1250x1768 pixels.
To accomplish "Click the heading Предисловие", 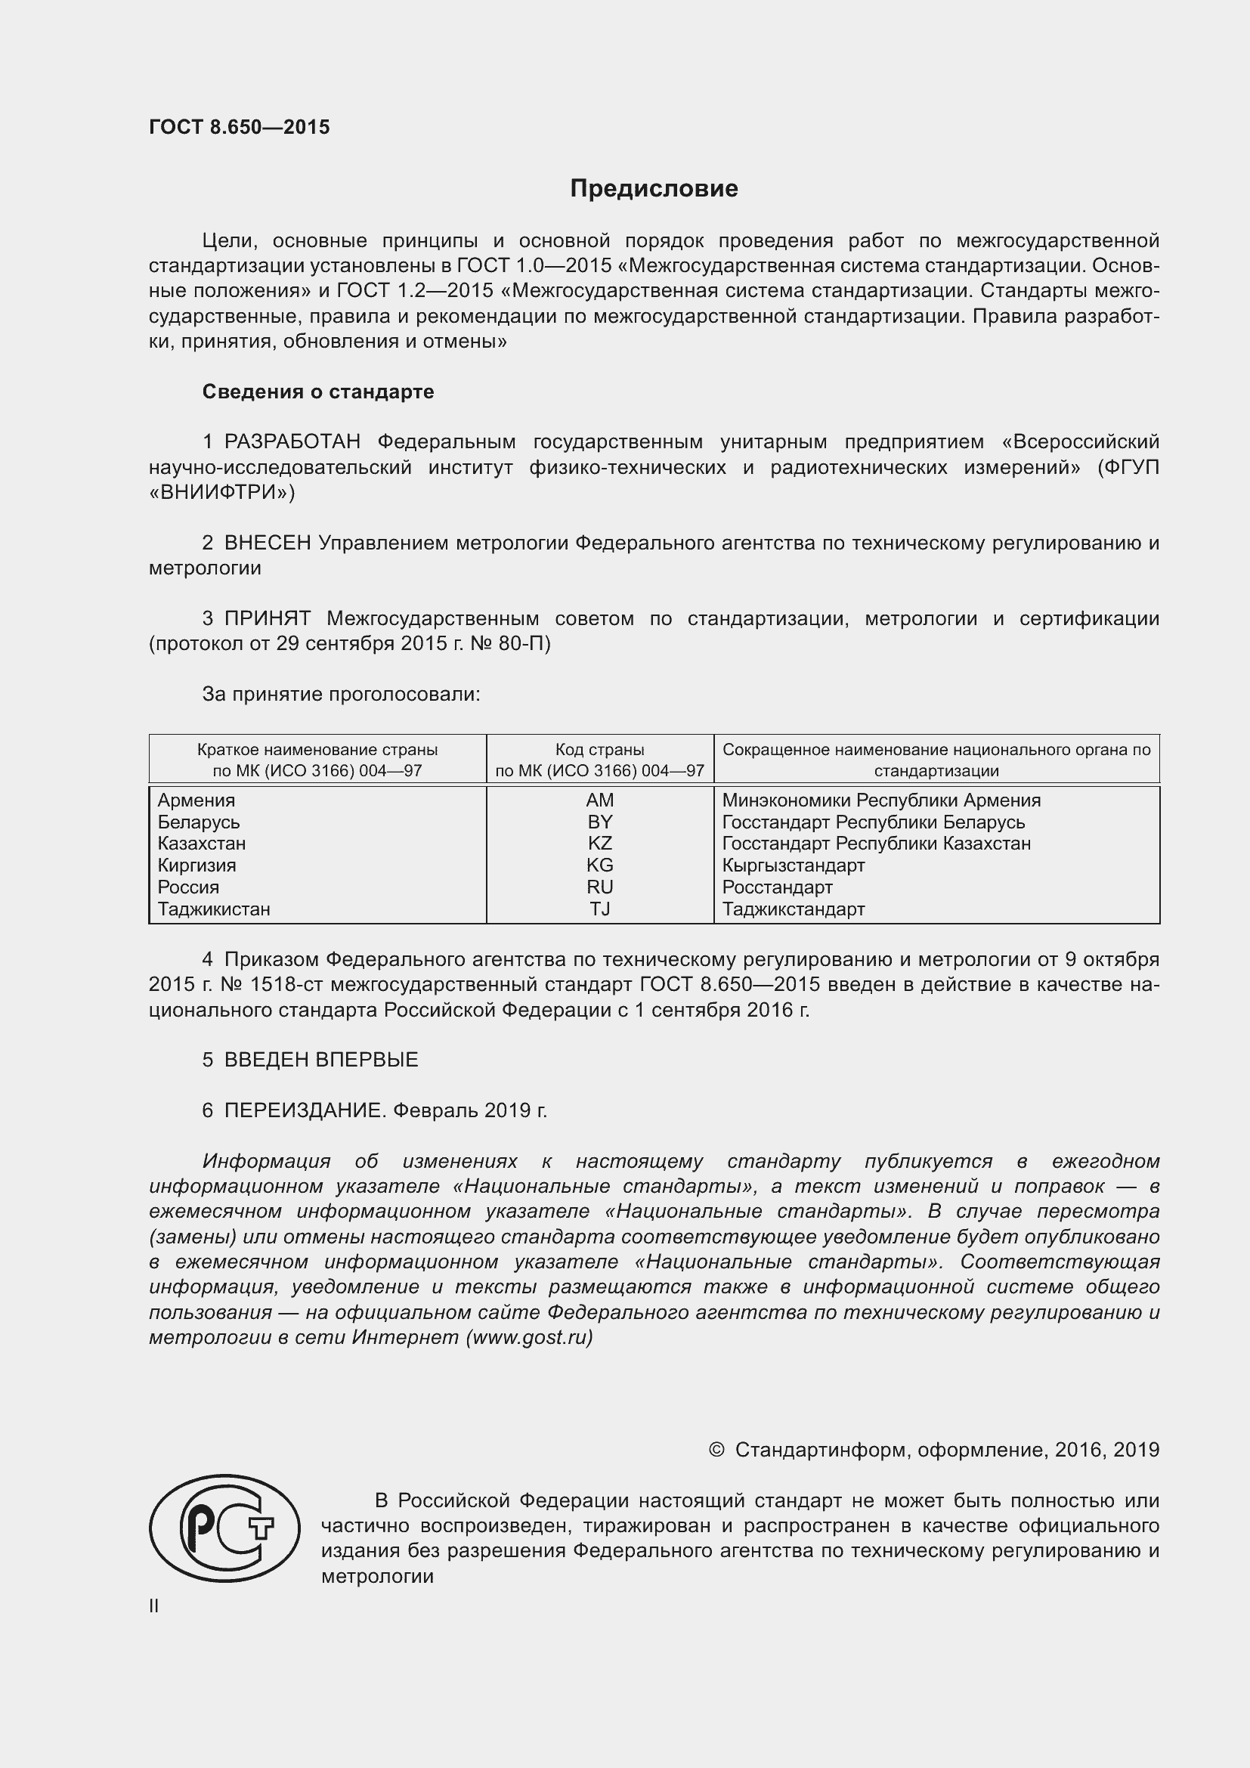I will tap(654, 189).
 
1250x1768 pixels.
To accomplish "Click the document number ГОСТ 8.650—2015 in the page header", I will tap(240, 127).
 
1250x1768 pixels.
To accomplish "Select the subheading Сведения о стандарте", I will tap(318, 392).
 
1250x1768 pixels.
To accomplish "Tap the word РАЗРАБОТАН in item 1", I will tap(292, 442).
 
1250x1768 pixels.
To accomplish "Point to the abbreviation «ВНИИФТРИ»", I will tap(221, 492).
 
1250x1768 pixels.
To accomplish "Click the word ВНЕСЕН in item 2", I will tap(267, 543).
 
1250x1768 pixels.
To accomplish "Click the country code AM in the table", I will tap(599, 800).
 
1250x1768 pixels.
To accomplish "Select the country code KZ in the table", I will tap(599, 844).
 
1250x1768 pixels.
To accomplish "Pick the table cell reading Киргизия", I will tap(197, 865).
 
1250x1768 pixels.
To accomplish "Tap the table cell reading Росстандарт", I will tap(778, 887).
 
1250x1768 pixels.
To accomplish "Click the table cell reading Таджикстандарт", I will tap(794, 909).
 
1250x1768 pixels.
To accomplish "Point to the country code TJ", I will tap(599, 909).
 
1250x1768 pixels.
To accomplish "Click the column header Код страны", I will tap(599, 749).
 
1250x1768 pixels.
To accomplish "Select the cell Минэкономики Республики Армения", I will tap(881, 800).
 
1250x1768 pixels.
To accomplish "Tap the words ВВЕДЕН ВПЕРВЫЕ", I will tap(321, 1060).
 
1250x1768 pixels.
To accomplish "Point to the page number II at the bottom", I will tap(154, 1606).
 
